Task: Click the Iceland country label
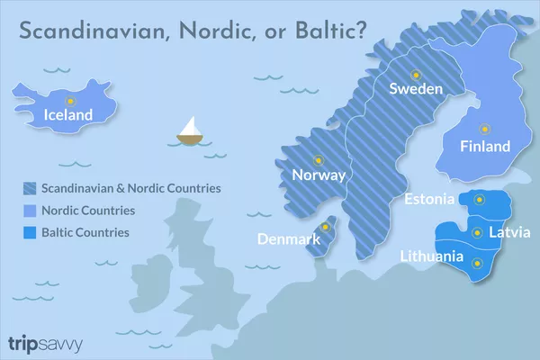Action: pos(67,115)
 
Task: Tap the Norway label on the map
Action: pos(313,175)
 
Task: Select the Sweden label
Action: pos(415,89)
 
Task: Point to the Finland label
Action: pos(484,147)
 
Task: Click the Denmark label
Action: pos(289,240)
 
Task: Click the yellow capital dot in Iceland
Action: pos(68,97)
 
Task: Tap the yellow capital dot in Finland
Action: pos(484,130)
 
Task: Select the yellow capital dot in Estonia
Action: pos(479,199)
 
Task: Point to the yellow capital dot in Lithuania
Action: pos(478,263)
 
